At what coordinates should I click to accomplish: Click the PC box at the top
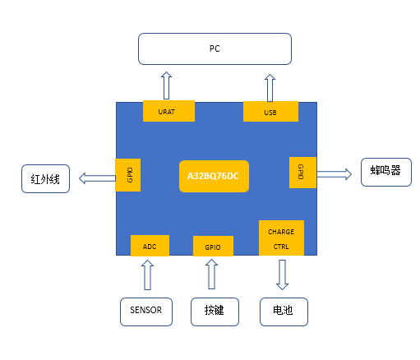pos(215,49)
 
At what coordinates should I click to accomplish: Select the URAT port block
pos(168,111)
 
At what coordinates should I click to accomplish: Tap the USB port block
pos(270,112)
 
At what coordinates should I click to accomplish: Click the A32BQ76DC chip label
pos(214,176)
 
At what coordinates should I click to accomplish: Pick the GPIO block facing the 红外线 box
pos(128,175)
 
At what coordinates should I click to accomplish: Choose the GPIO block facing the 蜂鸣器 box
pos(302,173)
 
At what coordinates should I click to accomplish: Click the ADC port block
pos(150,246)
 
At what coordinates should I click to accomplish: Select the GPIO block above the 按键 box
pos(213,247)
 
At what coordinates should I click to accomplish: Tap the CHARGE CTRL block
pos(281,238)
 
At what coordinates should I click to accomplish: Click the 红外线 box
pos(45,179)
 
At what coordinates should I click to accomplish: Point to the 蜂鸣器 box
pos(386,173)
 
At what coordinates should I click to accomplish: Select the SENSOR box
pos(146,312)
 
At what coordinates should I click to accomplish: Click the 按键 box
pos(215,312)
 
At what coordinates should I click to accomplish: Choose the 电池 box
pos(284,312)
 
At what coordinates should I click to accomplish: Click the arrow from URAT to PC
pos(166,85)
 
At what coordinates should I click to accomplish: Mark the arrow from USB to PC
pos(270,88)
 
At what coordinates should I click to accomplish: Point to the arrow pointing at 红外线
pos(97,178)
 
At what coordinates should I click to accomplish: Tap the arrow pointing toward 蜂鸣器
pos(335,174)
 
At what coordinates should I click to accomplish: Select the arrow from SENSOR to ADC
pos(147,275)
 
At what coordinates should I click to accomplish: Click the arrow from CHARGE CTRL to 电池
pos(282,275)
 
